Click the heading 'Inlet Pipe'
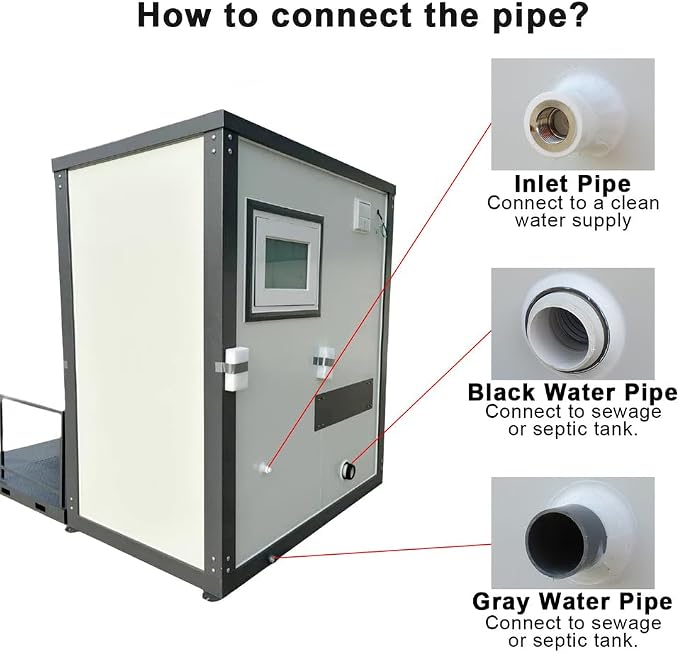tap(572, 184)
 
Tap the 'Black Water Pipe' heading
tap(572, 393)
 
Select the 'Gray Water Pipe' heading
tap(572, 601)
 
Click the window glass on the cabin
tap(287, 264)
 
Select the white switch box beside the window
tap(362, 215)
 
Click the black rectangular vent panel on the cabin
tap(344, 404)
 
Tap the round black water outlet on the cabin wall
tap(348, 470)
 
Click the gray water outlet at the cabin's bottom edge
tap(273, 559)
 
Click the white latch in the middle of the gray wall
tap(324, 363)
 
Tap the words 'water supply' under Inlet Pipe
tap(573, 221)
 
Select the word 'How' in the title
tap(173, 15)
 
